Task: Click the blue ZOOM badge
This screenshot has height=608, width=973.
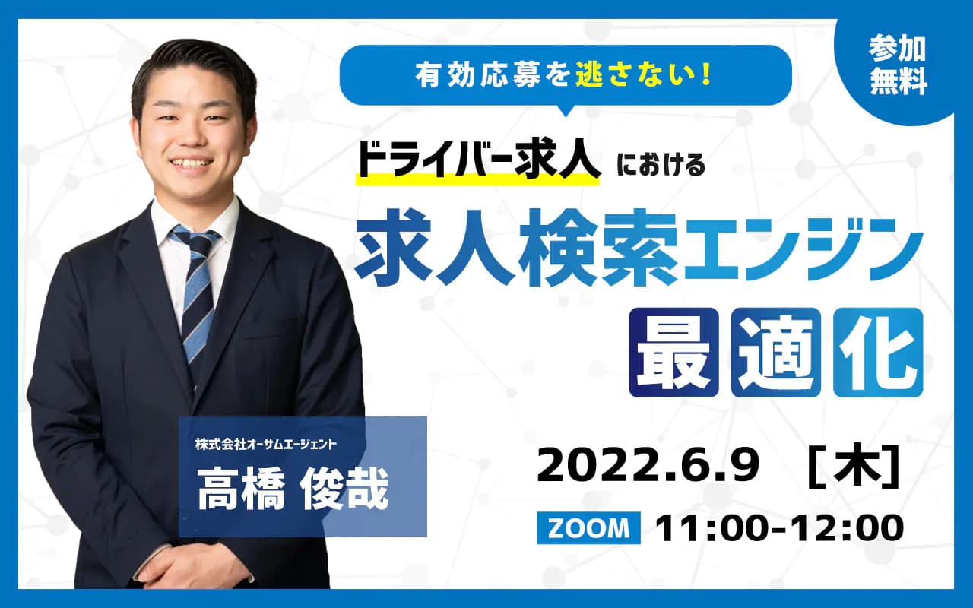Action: coord(588,528)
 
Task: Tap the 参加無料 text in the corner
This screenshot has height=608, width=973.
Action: coord(899,66)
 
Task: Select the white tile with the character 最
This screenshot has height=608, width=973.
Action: coord(673,352)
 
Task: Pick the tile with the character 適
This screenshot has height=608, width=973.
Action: coord(776,352)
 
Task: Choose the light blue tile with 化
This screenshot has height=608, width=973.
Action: coord(878,352)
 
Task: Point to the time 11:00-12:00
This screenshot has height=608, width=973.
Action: coord(780,528)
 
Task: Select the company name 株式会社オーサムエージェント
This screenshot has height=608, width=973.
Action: coord(265,445)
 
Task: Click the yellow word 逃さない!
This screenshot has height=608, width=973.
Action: coord(643,75)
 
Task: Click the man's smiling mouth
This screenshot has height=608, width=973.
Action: coord(191,164)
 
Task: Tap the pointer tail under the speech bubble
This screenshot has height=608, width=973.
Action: coord(566,110)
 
